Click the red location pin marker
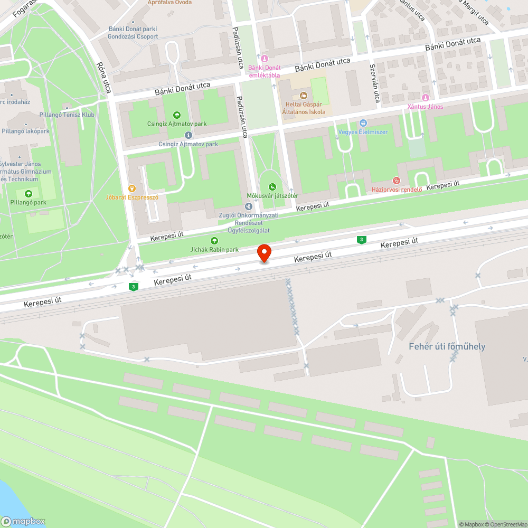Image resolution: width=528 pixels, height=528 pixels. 263,253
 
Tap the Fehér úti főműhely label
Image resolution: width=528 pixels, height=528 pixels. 447,346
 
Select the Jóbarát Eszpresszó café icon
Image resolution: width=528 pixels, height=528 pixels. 131,188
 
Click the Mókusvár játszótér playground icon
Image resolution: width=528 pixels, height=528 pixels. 272,186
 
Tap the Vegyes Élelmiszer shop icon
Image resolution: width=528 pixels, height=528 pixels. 363,122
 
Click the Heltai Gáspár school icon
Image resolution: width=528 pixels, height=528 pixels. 303,96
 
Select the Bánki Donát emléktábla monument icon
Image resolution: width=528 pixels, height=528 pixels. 265,58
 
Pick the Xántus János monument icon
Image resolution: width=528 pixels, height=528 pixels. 425,98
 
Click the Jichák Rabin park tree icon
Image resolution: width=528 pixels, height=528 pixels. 214,241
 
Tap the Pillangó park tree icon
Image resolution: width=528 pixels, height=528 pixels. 28,194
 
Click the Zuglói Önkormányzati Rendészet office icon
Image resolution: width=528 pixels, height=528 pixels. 248,205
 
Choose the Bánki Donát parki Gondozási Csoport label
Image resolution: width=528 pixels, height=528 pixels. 133,33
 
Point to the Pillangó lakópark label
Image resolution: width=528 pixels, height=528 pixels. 25,131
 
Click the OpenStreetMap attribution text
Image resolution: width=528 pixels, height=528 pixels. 508,524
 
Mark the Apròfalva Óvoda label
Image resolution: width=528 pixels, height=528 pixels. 169,3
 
